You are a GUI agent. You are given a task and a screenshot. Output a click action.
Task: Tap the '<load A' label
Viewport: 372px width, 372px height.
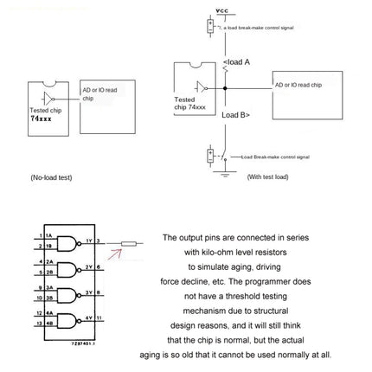point(236,62)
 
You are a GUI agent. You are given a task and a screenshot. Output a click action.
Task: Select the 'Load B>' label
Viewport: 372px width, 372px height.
point(236,115)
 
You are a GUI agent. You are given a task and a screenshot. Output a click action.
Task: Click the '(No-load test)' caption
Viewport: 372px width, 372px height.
point(52,176)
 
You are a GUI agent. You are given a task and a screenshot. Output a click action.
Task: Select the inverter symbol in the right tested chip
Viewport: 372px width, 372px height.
point(202,86)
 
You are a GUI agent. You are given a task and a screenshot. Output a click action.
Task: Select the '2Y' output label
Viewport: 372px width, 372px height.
point(89,266)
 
